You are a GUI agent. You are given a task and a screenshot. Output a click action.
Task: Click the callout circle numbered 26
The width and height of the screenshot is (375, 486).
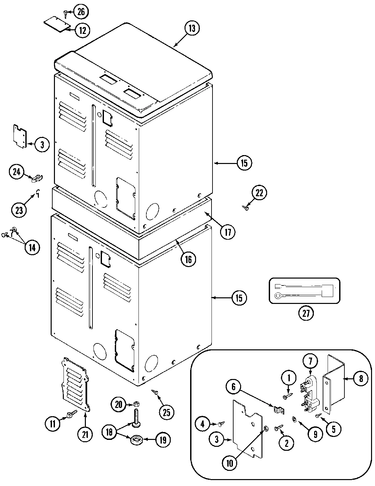coord(81,12)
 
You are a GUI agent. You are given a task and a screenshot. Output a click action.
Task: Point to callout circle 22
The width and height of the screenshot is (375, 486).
coord(260,193)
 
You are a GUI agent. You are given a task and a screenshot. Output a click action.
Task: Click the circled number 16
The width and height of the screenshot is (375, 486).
coord(188,259)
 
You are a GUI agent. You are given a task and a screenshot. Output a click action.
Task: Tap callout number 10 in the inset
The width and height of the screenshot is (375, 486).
coord(229,463)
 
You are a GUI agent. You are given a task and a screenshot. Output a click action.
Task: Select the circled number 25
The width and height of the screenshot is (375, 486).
coord(167,412)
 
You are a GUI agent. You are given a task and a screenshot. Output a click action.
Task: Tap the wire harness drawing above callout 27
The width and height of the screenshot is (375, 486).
coord(304,290)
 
